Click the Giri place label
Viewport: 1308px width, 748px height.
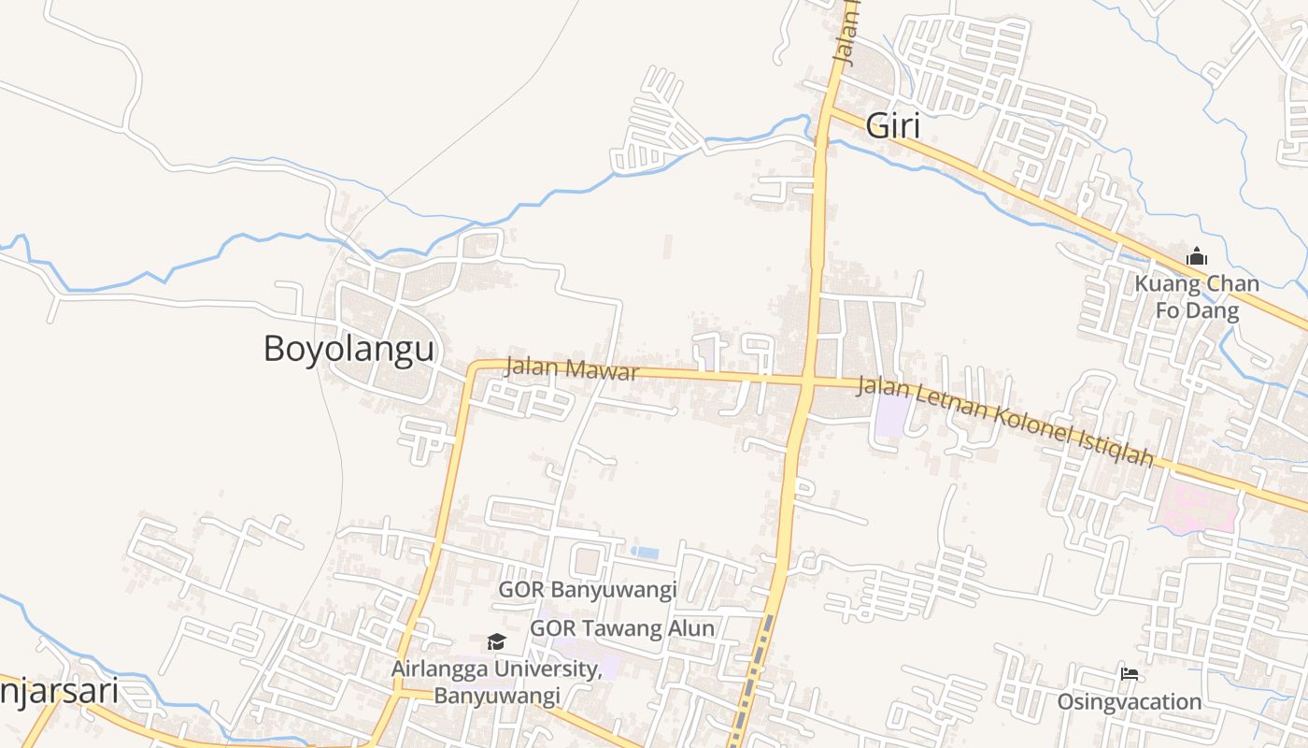tap(893, 125)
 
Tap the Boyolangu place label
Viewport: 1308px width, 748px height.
tap(348, 349)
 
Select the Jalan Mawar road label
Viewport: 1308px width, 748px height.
tap(572, 367)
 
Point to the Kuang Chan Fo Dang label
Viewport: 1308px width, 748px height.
tap(1197, 296)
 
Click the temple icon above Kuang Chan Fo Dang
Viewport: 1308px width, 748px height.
tap(1197, 256)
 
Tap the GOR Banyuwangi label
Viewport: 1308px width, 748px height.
tap(587, 590)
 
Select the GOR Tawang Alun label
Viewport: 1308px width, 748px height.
tap(622, 628)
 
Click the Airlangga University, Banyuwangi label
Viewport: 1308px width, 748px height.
tap(496, 682)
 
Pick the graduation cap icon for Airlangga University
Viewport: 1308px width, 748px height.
tap(496, 641)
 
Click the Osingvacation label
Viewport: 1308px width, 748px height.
tap(1130, 701)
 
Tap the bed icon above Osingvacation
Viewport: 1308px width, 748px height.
tap(1130, 673)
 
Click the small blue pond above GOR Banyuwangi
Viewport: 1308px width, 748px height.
tap(645, 553)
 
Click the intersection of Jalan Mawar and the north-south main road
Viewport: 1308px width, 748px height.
tap(807, 381)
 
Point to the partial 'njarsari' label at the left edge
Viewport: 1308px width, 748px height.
tap(58, 692)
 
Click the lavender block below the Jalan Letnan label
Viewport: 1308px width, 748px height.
tap(891, 416)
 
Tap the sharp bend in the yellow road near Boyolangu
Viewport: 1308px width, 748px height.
tap(474, 366)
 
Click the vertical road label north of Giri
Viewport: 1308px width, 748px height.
tap(846, 37)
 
